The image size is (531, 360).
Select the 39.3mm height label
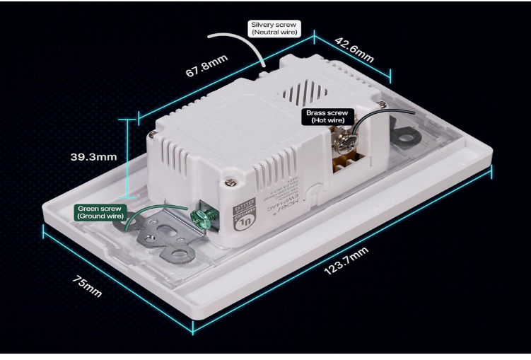(x=93, y=156)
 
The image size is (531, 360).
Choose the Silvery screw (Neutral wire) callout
(x=274, y=28)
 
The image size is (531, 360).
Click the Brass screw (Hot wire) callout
(x=325, y=117)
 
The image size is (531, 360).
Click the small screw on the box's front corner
(x=231, y=182)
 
